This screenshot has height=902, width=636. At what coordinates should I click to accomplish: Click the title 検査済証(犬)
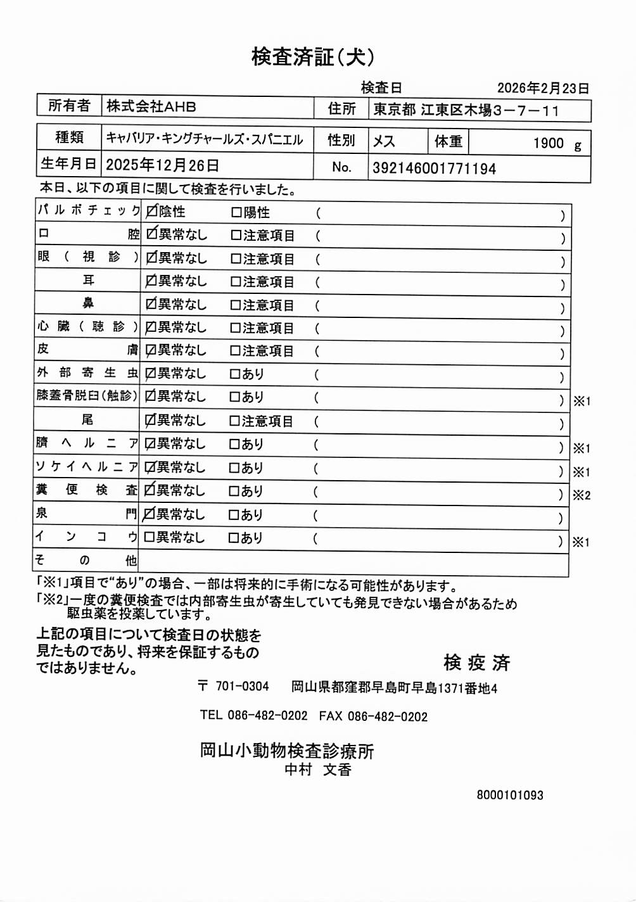(x=313, y=57)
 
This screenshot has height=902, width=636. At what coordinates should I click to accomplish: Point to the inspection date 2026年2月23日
(x=543, y=88)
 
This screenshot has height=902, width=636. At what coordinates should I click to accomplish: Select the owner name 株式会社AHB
(x=151, y=106)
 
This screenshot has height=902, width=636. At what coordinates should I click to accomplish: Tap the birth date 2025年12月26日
(x=162, y=165)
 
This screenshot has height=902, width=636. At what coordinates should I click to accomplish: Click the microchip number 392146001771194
(x=434, y=168)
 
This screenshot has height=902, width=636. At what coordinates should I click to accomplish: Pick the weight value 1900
(x=548, y=143)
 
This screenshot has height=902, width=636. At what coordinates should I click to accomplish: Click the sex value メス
(x=384, y=141)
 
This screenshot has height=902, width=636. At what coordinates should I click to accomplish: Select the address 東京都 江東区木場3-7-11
(x=466, y=110)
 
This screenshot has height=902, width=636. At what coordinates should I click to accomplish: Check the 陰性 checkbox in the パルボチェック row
(x=152, y=211)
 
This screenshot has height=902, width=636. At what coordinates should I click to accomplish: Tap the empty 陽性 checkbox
(x=236, y=212)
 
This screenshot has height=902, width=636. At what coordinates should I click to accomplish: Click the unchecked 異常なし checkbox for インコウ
(x=149, y=537)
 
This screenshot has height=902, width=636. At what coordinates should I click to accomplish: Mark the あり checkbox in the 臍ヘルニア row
(x=234, y=444)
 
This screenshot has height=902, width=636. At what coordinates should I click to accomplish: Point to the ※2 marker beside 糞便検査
(x=582, y=495)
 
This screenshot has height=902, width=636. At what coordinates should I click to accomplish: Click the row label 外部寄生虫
(x=87, y=372)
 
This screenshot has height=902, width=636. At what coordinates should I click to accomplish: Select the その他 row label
(x=86, y=560)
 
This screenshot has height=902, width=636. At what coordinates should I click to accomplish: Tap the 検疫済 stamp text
(x=476, y=663)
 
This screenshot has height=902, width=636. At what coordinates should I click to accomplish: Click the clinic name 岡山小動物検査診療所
(x=287, y=751)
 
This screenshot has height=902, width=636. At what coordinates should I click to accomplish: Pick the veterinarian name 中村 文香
(x=317, y=770)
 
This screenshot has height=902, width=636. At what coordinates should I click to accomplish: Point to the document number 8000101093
(x=510, y=795)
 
